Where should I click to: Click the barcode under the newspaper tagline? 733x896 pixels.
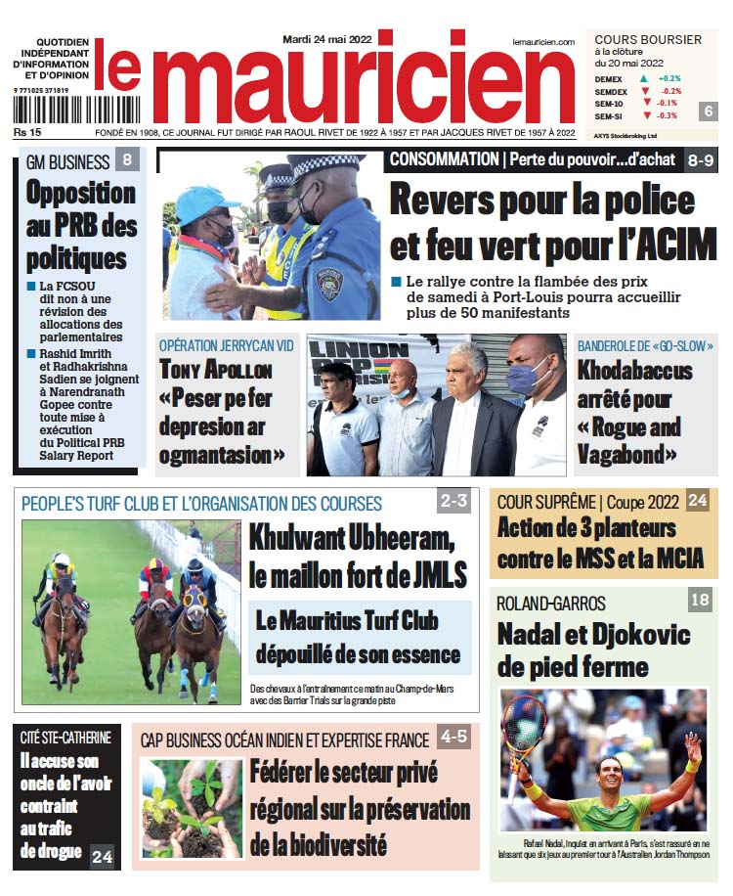(x=55, y=109)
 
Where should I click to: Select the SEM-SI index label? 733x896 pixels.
(x=609, y=115)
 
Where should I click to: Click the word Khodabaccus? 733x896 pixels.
(x=634, y=372)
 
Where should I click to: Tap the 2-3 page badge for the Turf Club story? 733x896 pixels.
(x=454, y=502)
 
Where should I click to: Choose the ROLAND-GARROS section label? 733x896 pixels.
(x=550, y=603)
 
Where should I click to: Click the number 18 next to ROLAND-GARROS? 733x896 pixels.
(x=700, y=600)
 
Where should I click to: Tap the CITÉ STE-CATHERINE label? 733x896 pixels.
(x=66, y=738)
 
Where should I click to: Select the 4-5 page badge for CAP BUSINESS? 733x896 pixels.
(x=453, y=738)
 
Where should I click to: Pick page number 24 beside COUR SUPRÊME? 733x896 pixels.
(x=698, y=501)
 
